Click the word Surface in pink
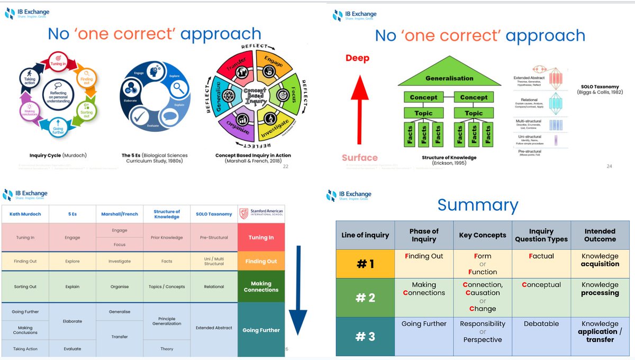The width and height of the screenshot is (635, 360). (360, 157)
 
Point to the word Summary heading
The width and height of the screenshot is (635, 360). (478, 205)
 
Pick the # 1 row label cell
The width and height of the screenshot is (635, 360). (365, 264)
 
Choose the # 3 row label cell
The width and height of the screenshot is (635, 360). (365, 336)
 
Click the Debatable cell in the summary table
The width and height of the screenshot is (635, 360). (541, 323)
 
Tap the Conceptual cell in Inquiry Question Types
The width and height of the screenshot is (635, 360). (541, 285)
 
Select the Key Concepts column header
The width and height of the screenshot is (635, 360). (482, 235)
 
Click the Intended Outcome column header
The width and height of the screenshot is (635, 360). (600, 235)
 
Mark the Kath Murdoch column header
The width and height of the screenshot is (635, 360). (25, 214)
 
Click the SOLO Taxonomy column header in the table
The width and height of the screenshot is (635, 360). (213, 214)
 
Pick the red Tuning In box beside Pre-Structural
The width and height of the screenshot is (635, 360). (261, 237)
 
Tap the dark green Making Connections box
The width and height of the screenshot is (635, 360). (261, 286)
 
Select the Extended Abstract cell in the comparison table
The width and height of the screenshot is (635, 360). (213, 328)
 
